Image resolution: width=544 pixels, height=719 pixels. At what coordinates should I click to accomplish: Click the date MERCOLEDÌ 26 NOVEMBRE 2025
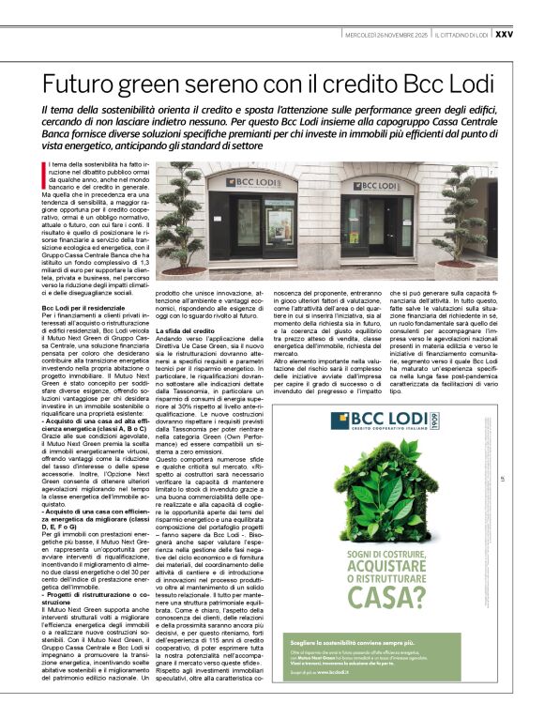tap(385, 34)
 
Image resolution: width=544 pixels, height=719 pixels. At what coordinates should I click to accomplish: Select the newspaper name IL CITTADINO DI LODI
tap(460, 34)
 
